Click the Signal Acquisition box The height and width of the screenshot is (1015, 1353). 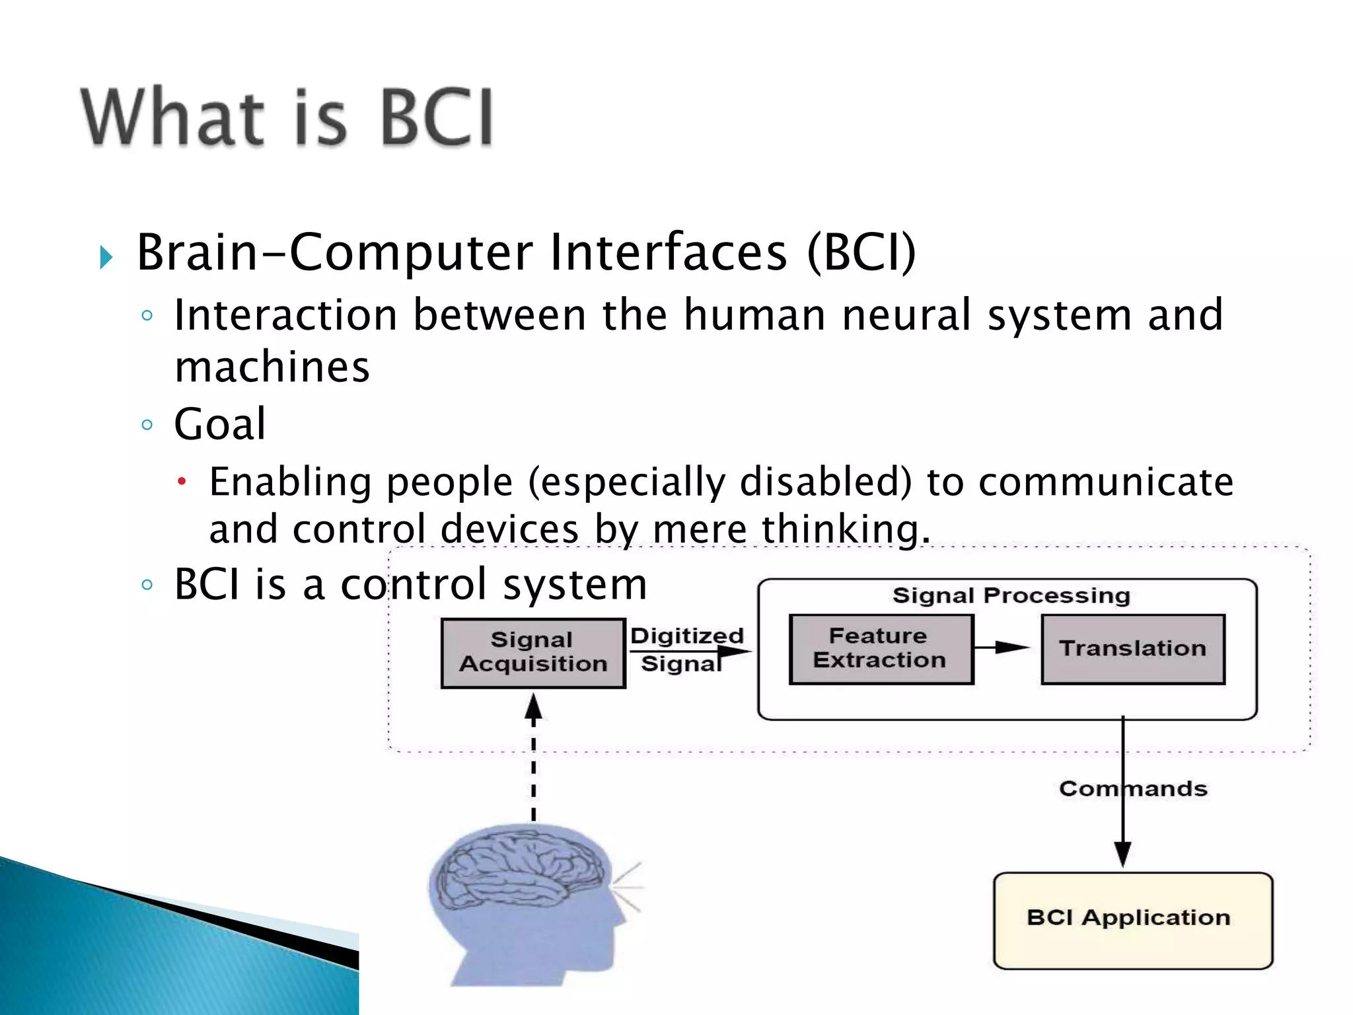(x=532, y=653)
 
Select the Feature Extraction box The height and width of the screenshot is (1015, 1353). (x=881, y=648)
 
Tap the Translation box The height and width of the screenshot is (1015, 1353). (x=1132, y=648)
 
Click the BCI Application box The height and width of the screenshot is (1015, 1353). (x=1132, y=920)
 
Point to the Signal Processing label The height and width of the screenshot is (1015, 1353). (x=1011, y=595)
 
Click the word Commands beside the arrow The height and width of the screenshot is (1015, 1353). (x=1132, y=789)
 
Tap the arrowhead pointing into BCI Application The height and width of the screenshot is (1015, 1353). (x=1122, y=854)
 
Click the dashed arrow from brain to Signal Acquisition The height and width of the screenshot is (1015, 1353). (x=534, y=760)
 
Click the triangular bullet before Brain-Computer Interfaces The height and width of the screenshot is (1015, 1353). (x=106, y=256)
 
